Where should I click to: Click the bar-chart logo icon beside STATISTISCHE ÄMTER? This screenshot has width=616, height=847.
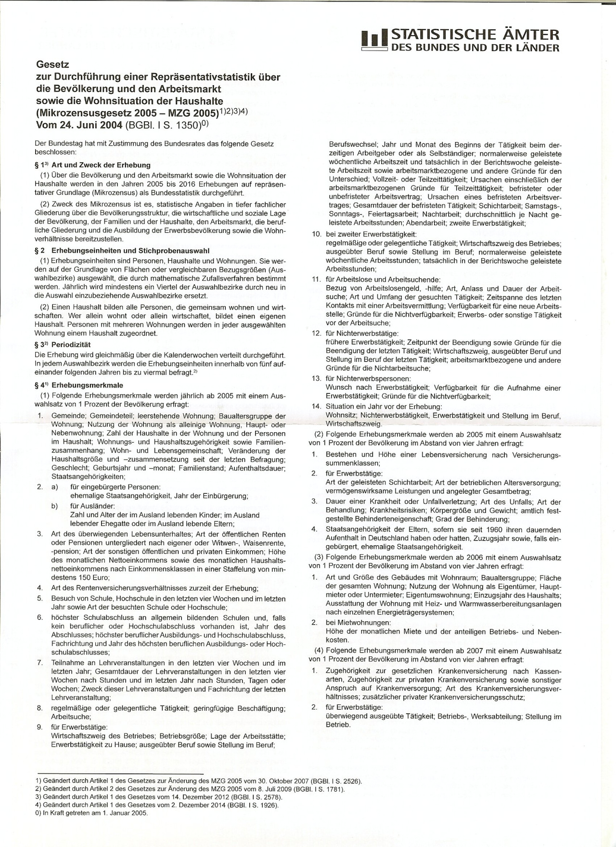point(374,40)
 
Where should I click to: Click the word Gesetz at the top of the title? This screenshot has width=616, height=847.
point(53,64)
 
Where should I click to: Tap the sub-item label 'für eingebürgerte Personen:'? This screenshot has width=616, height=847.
point(115,487)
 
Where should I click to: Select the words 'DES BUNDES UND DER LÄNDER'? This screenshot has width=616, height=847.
point(475,48)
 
